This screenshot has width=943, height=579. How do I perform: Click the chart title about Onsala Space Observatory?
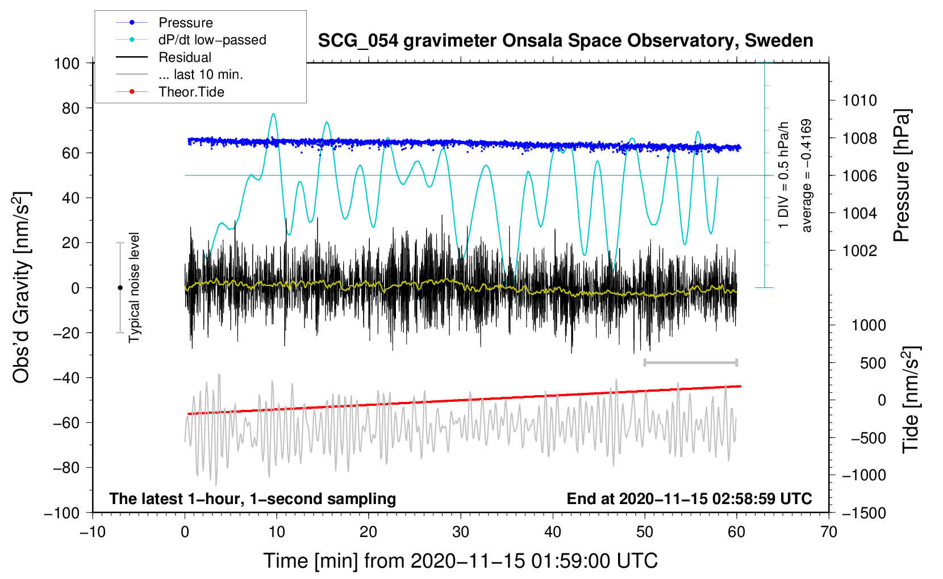point(565,41)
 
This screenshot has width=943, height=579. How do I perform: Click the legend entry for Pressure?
point(185,23)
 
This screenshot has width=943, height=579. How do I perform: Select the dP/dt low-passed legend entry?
point(212,40)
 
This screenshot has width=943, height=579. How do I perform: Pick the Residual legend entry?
point(185,57)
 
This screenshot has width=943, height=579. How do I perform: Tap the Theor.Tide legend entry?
point(191,92)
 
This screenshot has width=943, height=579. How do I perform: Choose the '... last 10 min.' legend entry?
point(201,74)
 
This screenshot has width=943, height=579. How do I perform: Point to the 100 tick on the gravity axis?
point(66,63)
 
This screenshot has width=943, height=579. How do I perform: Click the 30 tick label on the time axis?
point(461,532)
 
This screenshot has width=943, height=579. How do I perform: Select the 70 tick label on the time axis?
point(829,532)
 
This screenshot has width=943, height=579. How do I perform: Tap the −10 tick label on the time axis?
point(93,532)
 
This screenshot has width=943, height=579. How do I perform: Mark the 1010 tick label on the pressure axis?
point(859,100)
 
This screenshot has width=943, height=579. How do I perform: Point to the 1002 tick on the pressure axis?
point(859,250)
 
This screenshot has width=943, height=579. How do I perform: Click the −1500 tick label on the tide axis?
point(864,513)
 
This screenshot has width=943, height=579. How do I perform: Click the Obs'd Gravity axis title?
point(22,288)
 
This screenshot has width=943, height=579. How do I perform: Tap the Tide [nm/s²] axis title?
point(911,400)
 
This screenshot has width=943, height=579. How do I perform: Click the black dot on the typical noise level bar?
point(120,288)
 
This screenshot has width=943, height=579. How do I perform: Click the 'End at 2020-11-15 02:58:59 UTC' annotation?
point(689,498)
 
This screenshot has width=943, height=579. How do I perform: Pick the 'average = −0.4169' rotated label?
point(807,175)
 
